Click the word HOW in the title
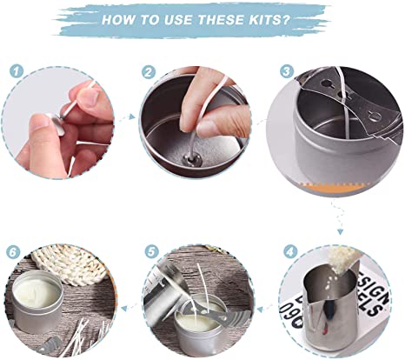pos(120,20)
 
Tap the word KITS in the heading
pos(268,20)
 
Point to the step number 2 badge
pos(149,72)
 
